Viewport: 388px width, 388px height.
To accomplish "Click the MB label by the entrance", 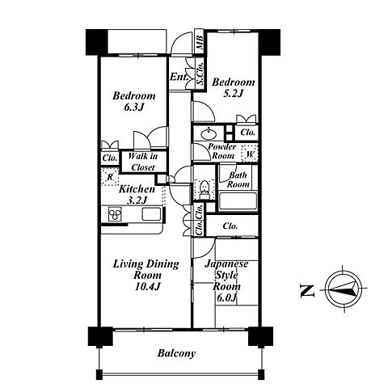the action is coord(200,42).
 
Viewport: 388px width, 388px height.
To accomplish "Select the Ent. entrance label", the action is coord(179,77).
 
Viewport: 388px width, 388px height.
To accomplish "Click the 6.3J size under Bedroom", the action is coord(134,108).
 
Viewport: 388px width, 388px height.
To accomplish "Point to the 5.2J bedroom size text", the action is coord(234,94).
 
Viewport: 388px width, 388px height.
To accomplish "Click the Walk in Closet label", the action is coord(143,162).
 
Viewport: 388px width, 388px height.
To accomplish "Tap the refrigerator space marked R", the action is coord(110,177).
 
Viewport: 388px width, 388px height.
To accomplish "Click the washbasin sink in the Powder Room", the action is coord(209,133).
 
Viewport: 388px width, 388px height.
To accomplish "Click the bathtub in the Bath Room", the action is coord(238,201).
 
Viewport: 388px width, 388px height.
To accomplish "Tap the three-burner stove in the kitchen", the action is coord(115,214).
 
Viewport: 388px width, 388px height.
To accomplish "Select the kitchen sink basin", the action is coord(152,214).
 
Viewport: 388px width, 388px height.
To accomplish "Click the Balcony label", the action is coord(176,353).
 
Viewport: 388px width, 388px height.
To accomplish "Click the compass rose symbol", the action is coord(344,289).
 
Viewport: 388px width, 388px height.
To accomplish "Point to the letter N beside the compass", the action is coord(307,291).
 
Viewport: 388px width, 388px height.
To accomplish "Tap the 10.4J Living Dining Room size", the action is coord(148,286).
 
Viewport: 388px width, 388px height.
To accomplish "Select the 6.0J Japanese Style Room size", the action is coord(226,297).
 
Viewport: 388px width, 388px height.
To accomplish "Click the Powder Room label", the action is coord(222,151).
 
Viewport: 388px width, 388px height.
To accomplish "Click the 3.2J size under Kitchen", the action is coord(137,200).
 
